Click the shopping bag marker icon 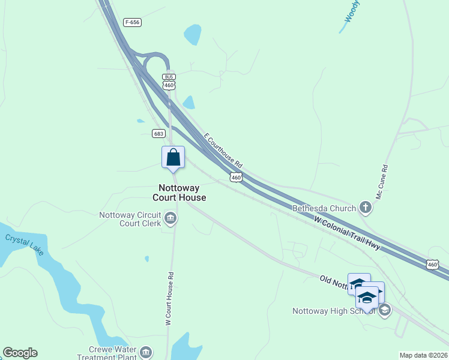(173, 158)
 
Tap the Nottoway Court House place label (179, 193)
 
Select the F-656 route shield (133, 22)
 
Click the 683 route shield (158, 133)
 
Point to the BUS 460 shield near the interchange (169, 82)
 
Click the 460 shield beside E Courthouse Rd (236, 177)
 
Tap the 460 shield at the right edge (433, 264)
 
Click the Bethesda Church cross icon (365, 208)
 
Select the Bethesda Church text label (324, 209)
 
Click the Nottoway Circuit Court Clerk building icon (170, 218)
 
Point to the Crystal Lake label (25, 244)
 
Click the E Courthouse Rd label (223, 150)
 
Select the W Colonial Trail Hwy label (348, 234)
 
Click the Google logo (20, 353)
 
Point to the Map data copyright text (424, 355)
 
